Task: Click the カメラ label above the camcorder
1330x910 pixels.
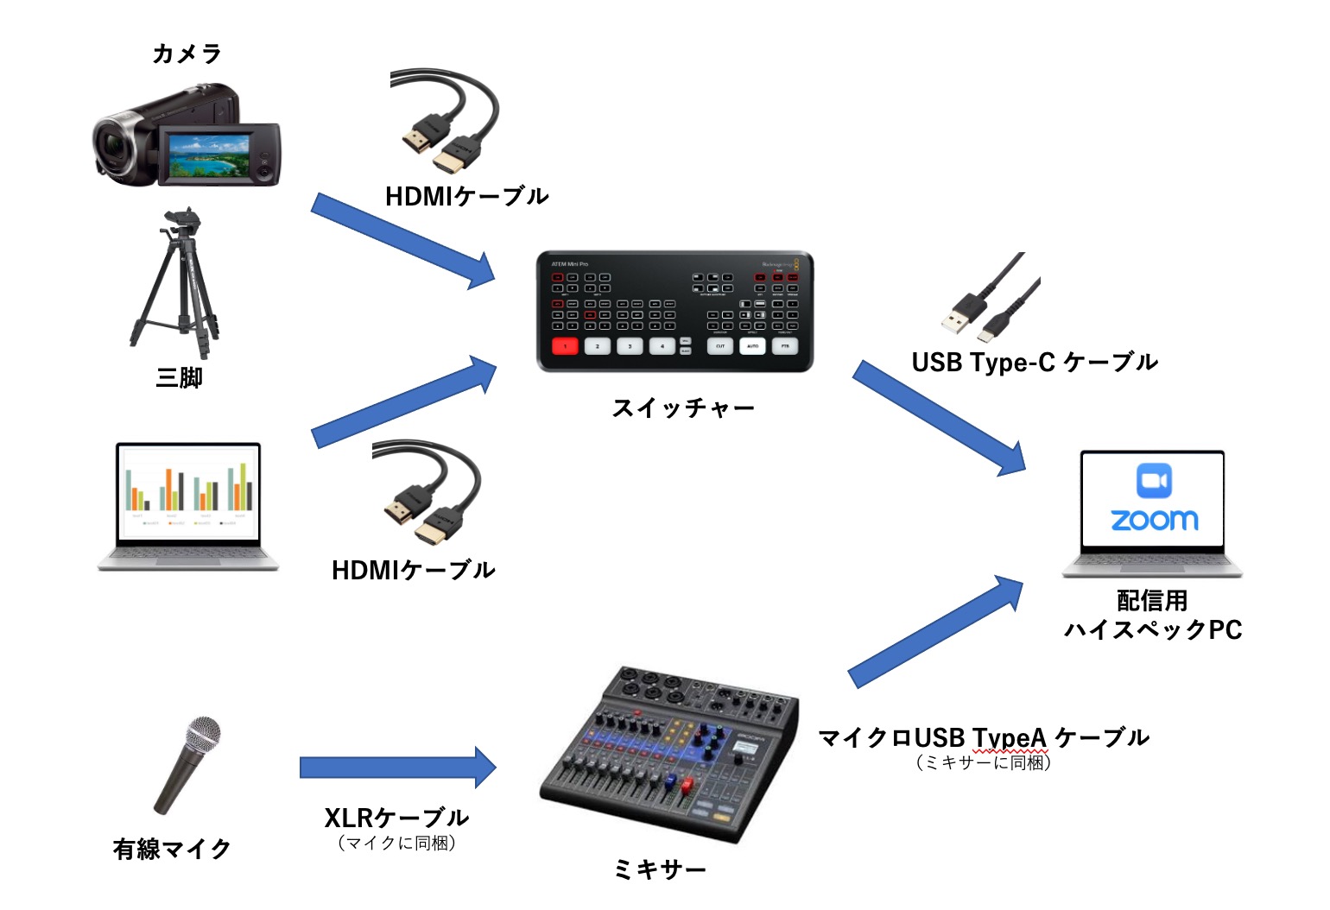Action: pyautogui.click(x=187, y=54)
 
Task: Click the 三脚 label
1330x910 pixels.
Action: pyautogui.click(x=179, y=377)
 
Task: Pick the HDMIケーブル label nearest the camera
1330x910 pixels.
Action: pyautogui.click(x=466, y=197)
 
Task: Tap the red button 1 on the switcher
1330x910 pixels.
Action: pyautogui.click(x=565, y=346)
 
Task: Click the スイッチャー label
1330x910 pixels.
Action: pyautogui.click(x=682, y=408)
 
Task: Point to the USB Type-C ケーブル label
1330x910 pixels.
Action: pyautogui.click(x=1034, y=363)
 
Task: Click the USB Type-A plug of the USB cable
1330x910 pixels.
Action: pyautogui.click(x=958, y=318)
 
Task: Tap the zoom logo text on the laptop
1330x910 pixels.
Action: pyautogui.click(x=1154, y=520)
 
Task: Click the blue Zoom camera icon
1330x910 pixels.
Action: pyautogui.click(x=1154, y=481)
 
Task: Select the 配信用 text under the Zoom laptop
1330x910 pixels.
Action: pyautogui.click(x=1152, y=600)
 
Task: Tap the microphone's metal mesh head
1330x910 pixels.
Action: pyautogui.click(x=204, y=736)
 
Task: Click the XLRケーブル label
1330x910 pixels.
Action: pyautogui.click(x=396, y=817)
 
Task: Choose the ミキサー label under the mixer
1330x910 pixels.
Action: pyautogui.click(x=660, y=869)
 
